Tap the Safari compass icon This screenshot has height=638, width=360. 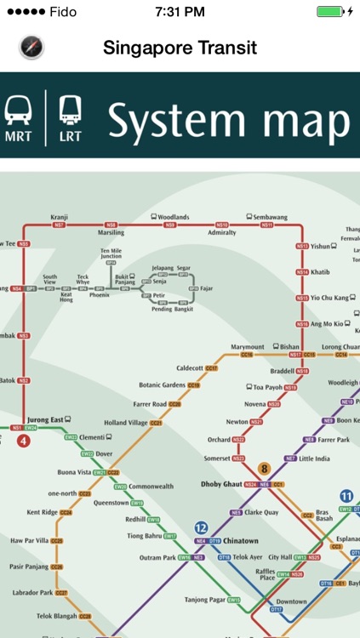[31, 48]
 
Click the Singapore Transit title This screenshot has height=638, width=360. [180, 48]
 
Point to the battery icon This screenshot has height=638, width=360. [331, 12]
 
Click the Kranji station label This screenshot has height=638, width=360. [59, 218]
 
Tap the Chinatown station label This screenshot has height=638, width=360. [241, 541]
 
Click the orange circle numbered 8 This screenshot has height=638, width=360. [264, 469]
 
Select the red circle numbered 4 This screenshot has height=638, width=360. [23, 441]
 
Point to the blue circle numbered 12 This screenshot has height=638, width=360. [202, 527]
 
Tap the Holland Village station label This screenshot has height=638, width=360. [126, 423]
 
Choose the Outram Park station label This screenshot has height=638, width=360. [157, 558]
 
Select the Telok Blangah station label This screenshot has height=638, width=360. [55, 615]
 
